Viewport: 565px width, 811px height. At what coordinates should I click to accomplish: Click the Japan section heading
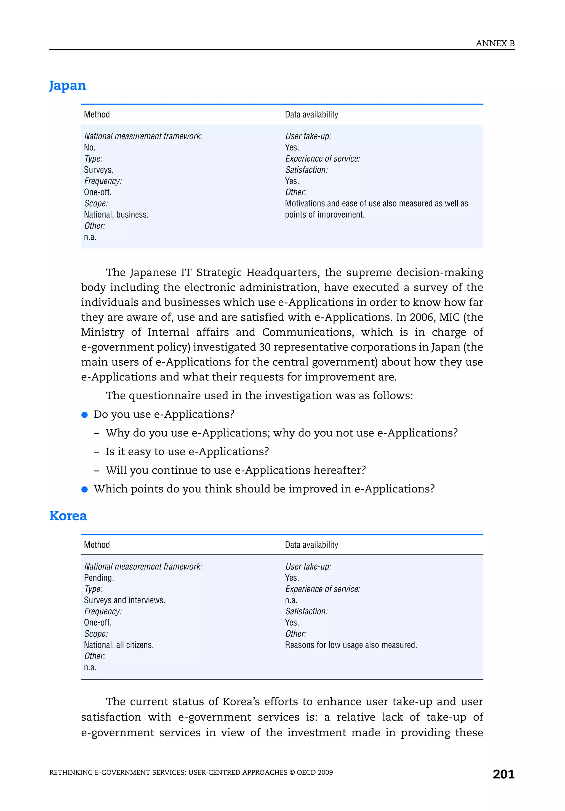tap(68, 86)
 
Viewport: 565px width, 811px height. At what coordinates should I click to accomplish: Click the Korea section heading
tap(68, 516)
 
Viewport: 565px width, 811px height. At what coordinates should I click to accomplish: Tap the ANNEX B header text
tap(495, 44)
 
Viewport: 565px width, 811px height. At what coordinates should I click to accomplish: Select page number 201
tap(503, 774)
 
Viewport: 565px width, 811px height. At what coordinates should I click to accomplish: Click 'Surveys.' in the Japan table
tap(98, 170)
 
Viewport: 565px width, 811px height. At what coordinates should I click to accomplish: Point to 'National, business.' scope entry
tap(116, 215)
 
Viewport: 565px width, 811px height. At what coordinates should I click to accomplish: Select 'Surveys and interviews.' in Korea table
tap(124, 600)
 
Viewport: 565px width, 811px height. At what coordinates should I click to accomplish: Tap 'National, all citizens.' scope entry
tap(119, 645)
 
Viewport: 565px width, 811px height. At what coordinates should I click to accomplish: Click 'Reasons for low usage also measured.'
tap(351, 645)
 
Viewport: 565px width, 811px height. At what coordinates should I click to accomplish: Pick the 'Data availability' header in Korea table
tap(311, 545)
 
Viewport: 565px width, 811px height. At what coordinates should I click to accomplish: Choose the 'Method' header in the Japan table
tap(97, 114)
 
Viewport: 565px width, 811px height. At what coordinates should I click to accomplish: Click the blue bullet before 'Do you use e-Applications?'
tap(84, 415)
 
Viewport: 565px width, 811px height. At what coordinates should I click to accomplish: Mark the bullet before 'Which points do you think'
tap(84, 489)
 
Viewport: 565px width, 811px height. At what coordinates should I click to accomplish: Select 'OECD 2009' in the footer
tap(315, 772)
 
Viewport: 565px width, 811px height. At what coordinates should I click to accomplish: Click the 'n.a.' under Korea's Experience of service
tap(291, 600)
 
